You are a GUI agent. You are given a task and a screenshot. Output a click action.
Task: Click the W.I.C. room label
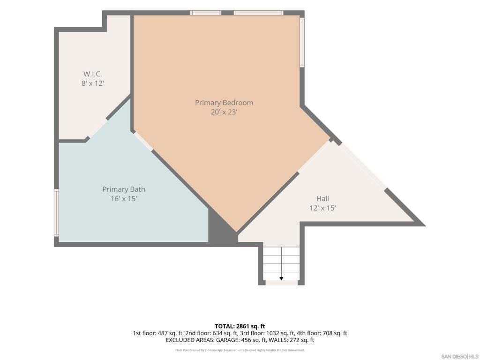[93, 74]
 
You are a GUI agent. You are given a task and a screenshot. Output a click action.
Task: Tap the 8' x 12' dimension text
[93, 83]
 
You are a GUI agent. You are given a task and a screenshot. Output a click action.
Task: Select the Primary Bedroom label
[224, 103]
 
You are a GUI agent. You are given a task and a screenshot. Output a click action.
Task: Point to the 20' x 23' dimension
[224, 112]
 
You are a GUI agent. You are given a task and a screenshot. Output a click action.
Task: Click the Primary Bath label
[124, 189]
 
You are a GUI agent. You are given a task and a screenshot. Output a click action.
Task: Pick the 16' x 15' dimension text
[124, 199]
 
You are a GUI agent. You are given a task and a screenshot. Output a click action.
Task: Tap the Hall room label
[322, 199]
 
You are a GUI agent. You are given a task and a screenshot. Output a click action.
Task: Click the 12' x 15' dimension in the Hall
[322, 208]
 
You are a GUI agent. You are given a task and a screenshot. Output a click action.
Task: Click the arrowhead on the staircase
[281, 278]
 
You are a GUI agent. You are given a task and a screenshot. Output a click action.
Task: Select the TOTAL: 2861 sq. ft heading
[240, 326]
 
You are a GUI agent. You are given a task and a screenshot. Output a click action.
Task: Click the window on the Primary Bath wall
[56, 213]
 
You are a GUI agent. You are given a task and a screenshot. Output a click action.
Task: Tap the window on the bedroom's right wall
[302, 42]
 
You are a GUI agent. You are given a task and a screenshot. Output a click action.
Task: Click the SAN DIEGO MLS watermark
[460, 357]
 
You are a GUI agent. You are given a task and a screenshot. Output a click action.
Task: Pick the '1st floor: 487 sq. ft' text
[157, 333]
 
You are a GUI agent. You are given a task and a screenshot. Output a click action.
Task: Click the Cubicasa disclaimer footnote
[240, 350]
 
